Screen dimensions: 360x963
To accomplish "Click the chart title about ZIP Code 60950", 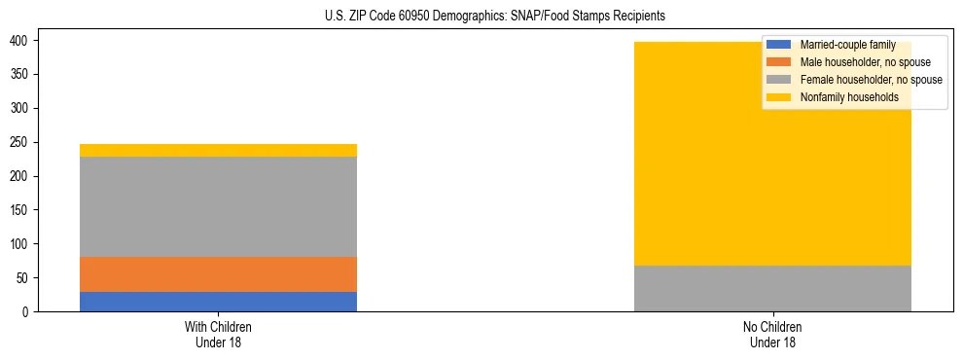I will pyautogui.click(x=481, y=17).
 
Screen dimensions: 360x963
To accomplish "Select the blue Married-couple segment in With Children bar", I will pyautogui.click(x=218, y=302).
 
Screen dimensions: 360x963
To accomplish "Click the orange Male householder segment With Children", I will pyautogui.click(x=218, y=274).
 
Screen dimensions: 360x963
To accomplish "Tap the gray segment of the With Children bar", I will pyautogui.click(x=218, y=206).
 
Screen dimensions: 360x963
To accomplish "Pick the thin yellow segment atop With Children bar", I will pyautogui.click(x=218, y=150).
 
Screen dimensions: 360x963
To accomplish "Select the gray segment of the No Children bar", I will pyautogui.click(x=772, y=288).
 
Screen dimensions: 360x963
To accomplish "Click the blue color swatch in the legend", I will pyautogui.click(x=779, y=45).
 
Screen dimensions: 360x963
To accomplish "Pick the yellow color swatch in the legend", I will pyautogui.click(x=779, y=97).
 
